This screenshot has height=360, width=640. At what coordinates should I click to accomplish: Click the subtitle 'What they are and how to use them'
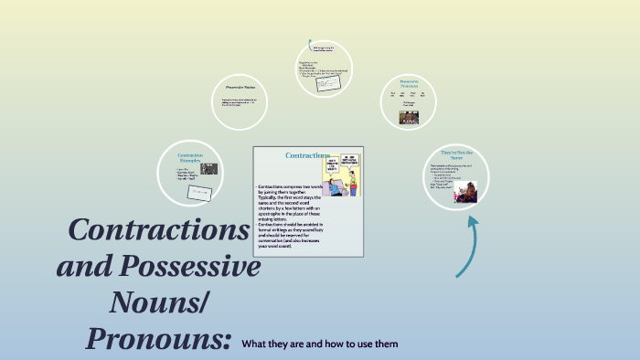(320, 344)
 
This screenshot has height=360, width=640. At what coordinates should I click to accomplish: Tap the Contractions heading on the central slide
(307, 155)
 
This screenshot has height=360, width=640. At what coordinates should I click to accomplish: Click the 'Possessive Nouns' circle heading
(239, 87)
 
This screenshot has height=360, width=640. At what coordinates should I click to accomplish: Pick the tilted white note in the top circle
(327, 83)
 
